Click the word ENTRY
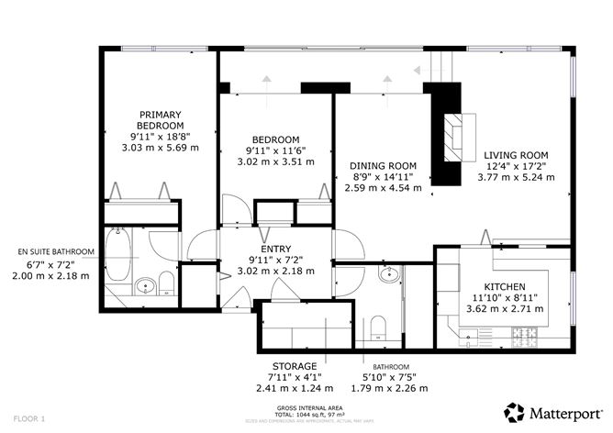point(276,249)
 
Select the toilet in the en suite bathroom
point(166,282)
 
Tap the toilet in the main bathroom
point(377,327)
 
